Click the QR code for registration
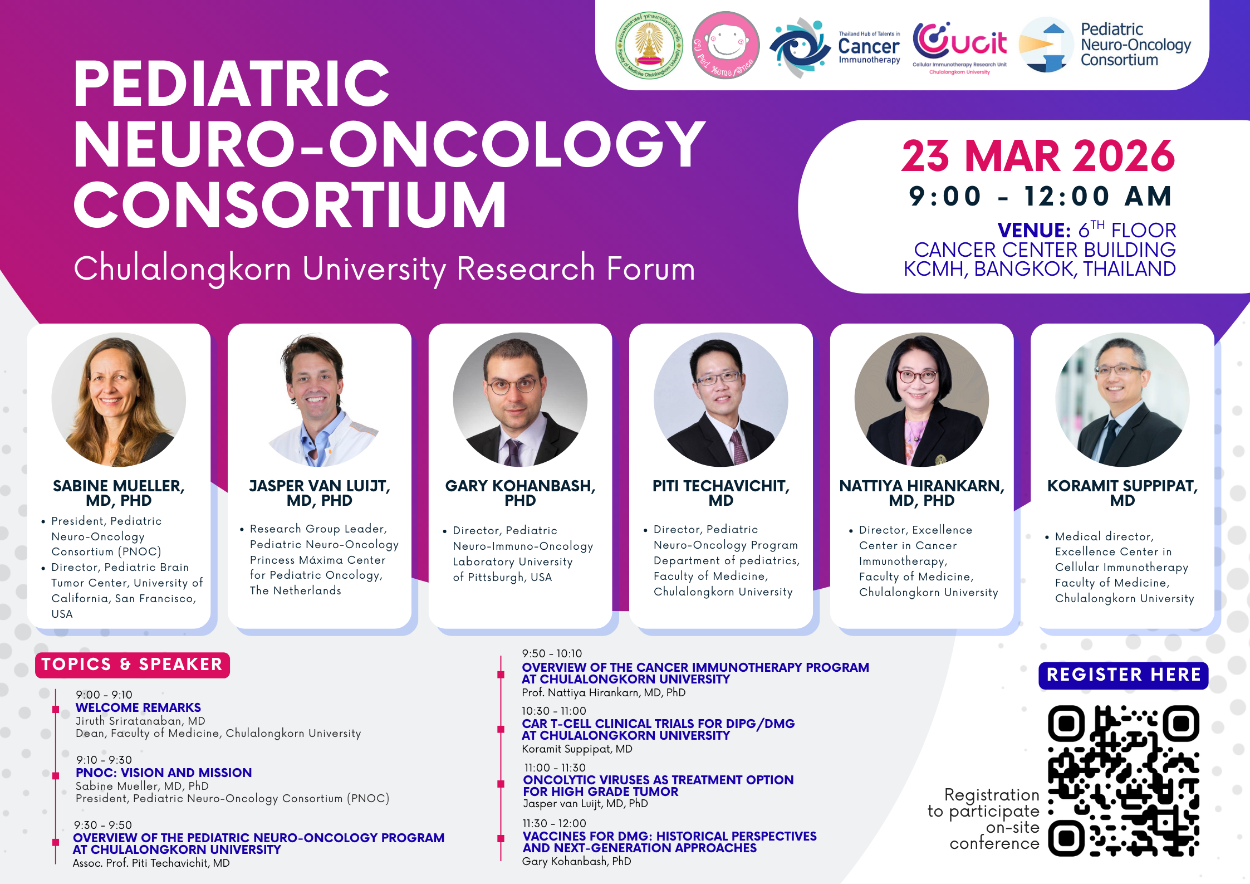1123,780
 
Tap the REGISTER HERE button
1123,675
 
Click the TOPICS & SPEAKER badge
132,665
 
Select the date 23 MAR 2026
1038,156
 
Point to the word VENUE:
1034,230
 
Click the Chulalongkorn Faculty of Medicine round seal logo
649,45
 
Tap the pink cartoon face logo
726,45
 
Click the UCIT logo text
960,41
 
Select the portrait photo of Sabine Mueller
119,399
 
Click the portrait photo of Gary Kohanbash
520,399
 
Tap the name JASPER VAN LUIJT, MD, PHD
320,493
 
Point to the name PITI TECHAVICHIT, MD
721,493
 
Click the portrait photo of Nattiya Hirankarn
921,399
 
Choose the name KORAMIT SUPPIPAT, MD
1122,493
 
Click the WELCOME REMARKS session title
138,707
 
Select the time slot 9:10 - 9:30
104,760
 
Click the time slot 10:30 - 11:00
554,711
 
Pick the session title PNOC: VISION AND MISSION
164,773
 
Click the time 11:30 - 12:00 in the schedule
554,823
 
